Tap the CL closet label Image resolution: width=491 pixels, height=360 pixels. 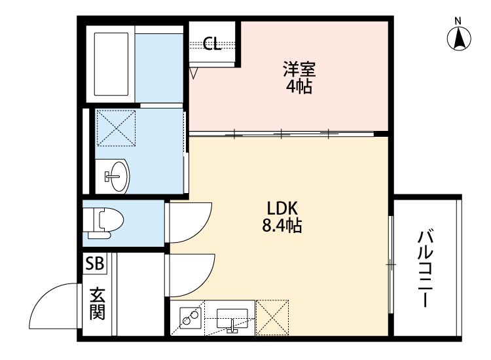coord(211,44)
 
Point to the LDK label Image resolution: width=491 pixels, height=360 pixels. coord(282,209)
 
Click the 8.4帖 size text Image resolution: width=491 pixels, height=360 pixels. coord(282,226)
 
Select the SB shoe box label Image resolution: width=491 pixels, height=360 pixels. coord(94,264)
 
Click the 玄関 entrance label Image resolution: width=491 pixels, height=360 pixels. coord(96,303)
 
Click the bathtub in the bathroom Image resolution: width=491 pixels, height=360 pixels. coord(114,63)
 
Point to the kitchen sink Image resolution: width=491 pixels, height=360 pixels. coord(232,319)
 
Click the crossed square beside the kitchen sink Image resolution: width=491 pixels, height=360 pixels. coord(272,317)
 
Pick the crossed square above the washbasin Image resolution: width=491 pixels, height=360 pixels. coord(116,127)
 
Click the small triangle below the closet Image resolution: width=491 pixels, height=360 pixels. coord(194,73)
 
